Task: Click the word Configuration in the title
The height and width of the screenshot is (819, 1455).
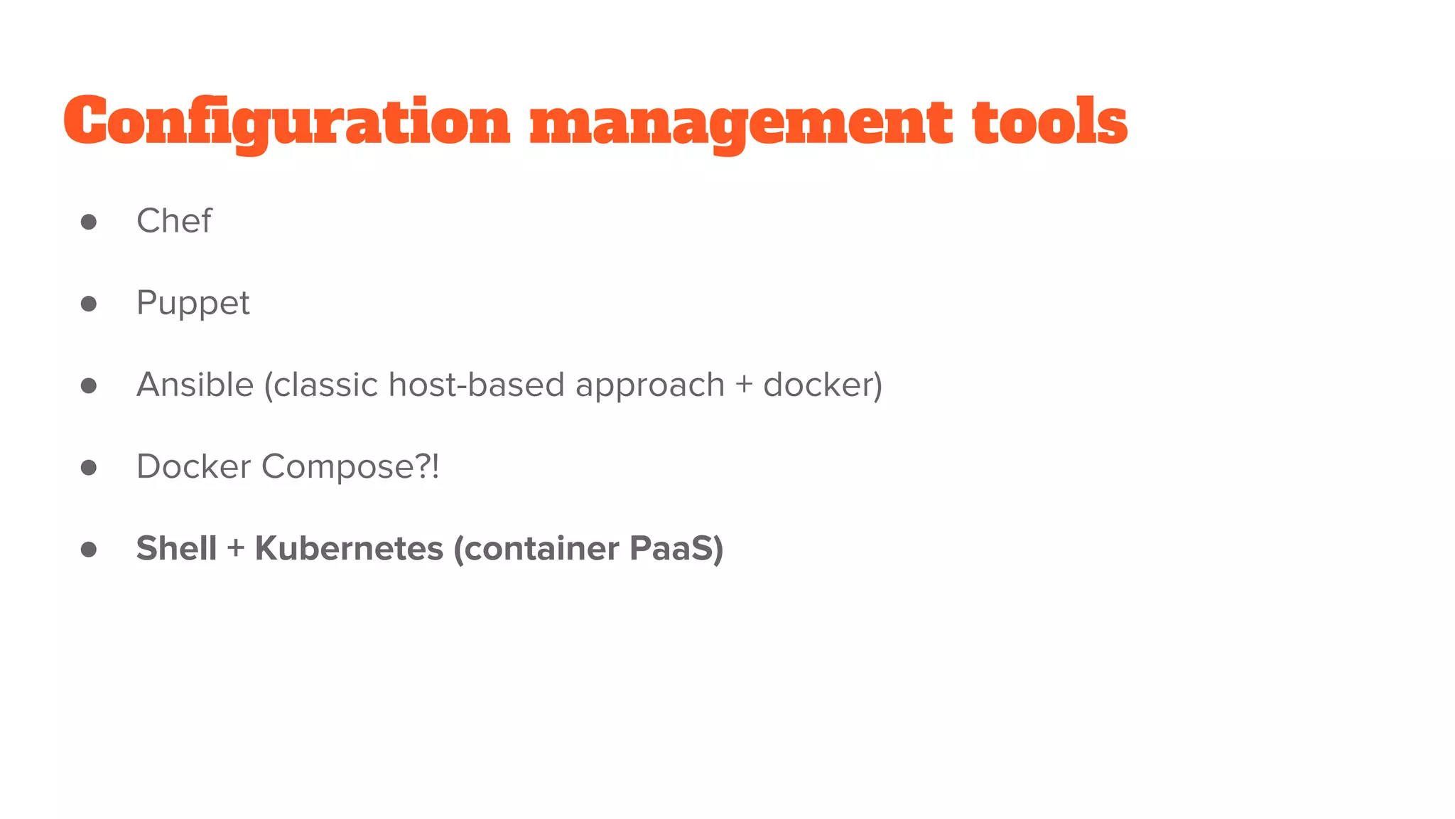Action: click(287, 122)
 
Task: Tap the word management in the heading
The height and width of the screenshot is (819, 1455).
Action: click(741, 122)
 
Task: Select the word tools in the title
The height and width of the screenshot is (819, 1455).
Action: click(1049, 122)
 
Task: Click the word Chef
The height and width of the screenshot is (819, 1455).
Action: click(174, 221)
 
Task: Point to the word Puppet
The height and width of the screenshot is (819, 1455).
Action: click(193, 304)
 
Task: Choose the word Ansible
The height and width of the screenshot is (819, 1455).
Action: click(195, 385)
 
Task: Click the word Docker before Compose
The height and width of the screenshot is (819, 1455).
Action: click(193, 466)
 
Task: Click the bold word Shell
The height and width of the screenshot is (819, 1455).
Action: click(176, 548)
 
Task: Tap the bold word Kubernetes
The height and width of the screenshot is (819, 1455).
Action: click(349, 548)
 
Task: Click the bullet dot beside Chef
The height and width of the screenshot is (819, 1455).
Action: click(89, 223)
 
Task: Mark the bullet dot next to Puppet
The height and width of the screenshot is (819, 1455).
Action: click(89, 304)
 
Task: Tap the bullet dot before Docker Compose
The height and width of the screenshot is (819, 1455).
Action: click(89, 468)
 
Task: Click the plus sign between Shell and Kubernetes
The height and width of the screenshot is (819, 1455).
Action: click(236, 549)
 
